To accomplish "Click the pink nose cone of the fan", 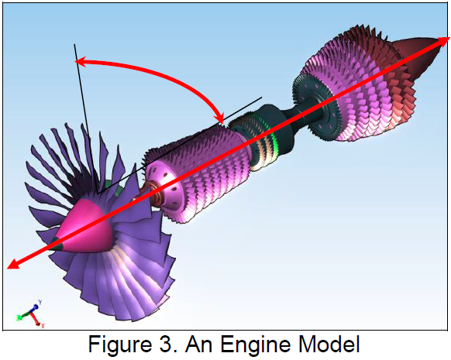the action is [86, 227].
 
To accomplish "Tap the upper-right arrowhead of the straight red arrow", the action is [444, 41].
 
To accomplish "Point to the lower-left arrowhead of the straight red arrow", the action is [12, 264].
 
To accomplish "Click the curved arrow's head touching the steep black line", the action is [80, 62].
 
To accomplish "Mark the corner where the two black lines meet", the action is [98, 194].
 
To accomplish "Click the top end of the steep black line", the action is [74, 44].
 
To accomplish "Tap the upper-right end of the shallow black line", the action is [262, 97].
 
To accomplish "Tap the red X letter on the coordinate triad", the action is [43, 325].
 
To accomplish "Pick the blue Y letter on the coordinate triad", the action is [40, 302].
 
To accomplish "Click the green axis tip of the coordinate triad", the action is [19, 317].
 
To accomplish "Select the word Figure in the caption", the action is [120, 344].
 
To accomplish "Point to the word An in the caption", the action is [199, 344].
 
